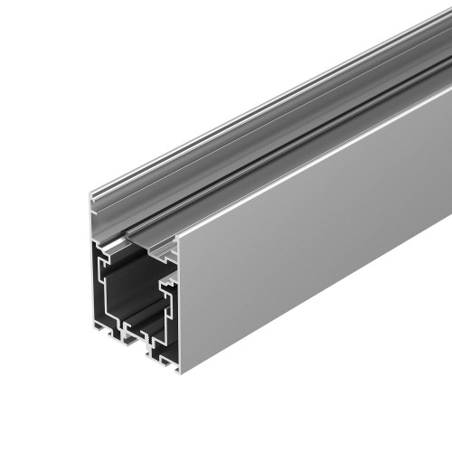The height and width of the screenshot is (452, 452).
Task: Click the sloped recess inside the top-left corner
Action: pyautogui.click(x=104, y=244)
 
